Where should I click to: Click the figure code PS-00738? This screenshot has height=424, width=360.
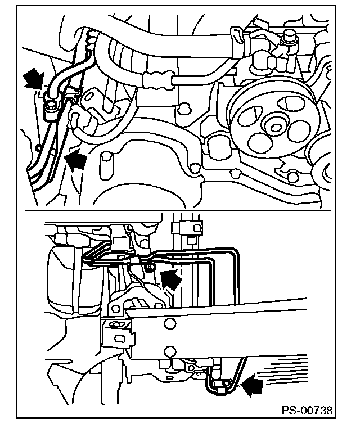coord(307,410)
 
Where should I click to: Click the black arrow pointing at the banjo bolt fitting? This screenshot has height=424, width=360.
coord(33,78)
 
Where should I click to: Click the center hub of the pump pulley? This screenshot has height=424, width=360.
coord(275,127)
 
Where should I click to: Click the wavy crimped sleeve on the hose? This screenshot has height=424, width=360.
coord(157,80)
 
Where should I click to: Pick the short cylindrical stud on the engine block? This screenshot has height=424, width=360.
coord(106,165)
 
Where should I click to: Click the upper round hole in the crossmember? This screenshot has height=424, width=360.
coord(170,323)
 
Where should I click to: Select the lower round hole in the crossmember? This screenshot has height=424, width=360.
coord(170,351)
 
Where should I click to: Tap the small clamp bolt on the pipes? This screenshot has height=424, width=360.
coord(151,268)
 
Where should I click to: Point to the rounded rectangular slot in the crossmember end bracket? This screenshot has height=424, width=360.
coord(119,339)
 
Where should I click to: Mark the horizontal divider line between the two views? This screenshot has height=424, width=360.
coord(177,210)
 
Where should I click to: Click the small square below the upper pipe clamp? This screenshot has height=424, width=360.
coord(191,240)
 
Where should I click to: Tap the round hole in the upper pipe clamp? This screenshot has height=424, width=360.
coord(197,228)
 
